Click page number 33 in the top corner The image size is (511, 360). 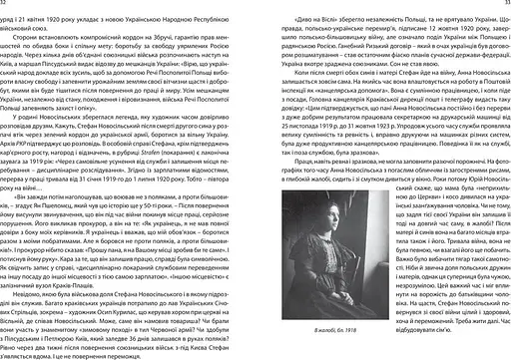coord(505,4)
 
